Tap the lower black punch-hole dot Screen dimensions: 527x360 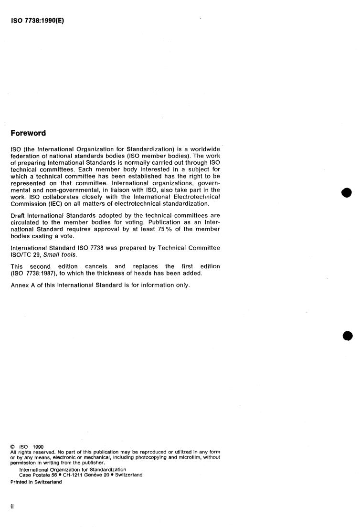tap(347, 335)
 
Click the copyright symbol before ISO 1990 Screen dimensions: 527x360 tap(12, 447)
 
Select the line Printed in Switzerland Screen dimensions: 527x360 tap(36, 482)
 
